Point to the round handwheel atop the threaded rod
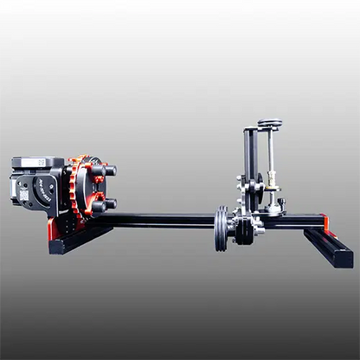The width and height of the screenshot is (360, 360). click(x=270, y=122)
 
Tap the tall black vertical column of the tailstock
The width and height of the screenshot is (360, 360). click(x=251, y=164)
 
